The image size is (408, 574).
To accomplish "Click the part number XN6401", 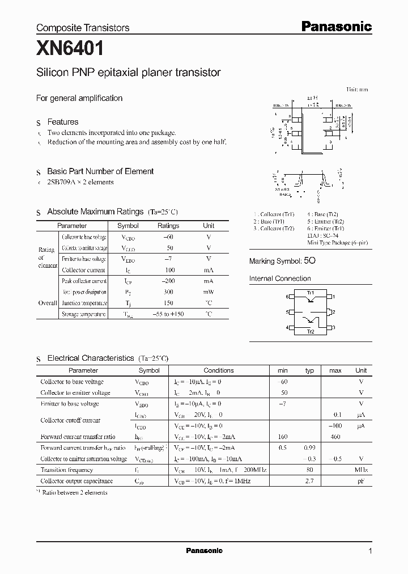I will click(x=70, y=49).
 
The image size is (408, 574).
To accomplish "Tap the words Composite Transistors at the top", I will click(x=83, y=27).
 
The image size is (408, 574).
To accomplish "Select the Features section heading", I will click(x=62, y=122).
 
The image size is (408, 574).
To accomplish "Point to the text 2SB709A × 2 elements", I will click(x=80, y=182).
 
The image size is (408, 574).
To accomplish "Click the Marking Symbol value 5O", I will click(x=309, y=261).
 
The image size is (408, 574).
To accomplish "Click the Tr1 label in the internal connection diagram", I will click(x=310, y=293).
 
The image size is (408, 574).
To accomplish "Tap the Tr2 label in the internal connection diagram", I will click(x=310, y=331).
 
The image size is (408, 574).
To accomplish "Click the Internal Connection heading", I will click(x=280, y=278).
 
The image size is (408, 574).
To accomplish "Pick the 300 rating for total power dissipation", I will click(x=168, y=292).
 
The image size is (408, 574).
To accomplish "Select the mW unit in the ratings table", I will click(x=209, y=292).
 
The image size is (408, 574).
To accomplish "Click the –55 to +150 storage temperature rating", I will click(x=168, y=314).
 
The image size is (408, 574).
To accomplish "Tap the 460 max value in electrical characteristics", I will click(x=335, y=437).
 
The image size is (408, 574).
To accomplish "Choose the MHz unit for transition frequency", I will click(x=361, y=470).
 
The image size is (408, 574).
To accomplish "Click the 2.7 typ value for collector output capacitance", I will click(x=309, y=481).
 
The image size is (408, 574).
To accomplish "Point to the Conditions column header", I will click(x=218, y=370).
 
